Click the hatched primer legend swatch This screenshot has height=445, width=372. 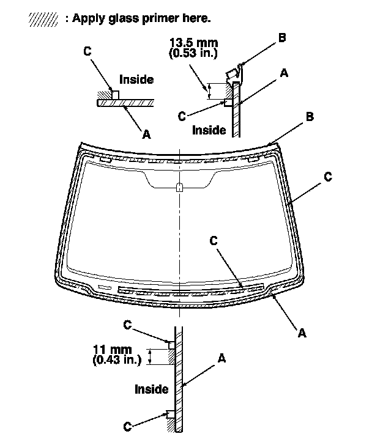coord(44,19)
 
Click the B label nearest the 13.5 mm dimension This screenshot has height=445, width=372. coord(281,38)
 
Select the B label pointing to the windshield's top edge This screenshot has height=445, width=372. coord(310,117)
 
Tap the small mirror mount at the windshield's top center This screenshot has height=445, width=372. coord(178,187)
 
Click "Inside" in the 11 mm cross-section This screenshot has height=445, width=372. coord(151,389)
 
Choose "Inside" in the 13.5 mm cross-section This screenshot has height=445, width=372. coord(209,130)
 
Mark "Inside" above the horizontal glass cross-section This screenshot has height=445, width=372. coord(136,79)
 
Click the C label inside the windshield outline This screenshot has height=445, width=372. coord(214,241)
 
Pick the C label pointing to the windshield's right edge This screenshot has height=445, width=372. coord(328,177)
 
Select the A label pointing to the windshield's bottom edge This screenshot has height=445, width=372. coord(301,333)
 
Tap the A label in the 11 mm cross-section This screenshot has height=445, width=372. coord(222,359)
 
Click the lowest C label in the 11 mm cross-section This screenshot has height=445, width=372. coord(127,426)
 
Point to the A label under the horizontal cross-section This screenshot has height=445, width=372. coord(146,134)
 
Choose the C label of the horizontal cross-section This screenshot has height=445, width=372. coord(88,51)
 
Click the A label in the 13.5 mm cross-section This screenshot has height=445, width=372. coord(283,73)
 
